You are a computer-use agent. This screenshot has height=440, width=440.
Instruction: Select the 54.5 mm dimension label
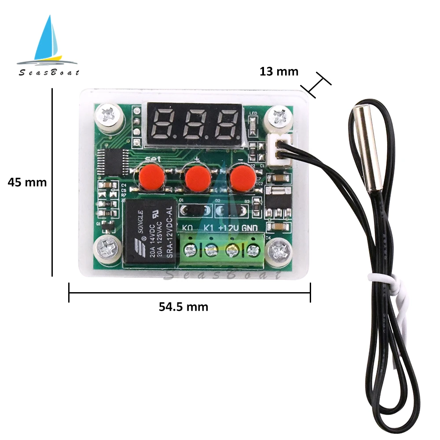(183, 307)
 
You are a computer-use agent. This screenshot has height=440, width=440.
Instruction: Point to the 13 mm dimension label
(279, 71)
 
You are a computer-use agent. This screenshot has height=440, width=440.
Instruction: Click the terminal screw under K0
(190, 251)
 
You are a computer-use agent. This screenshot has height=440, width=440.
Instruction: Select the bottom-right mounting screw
(280, 251)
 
